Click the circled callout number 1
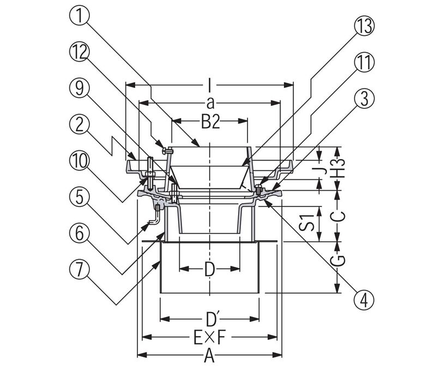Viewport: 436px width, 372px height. pyautogui.click(x=79, y=15)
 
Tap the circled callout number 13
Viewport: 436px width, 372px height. pyautogui.click(x=364, y=26)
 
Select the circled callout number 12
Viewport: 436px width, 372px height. pyautogui.click(x=79, y=52)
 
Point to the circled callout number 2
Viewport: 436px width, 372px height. pyautogui.click(x=79, y=125)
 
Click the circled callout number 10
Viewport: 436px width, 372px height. pyautogui.click(x=79, y=161)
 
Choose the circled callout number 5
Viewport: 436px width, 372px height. pyautogui.click(x=79, y=198)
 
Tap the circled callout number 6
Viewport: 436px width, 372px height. pyautogui.click(x=79, y=233)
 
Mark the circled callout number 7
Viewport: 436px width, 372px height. pyautogui.click(x=79, y=270)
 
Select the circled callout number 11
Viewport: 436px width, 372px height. pyautogui.click(x=364, y=63)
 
